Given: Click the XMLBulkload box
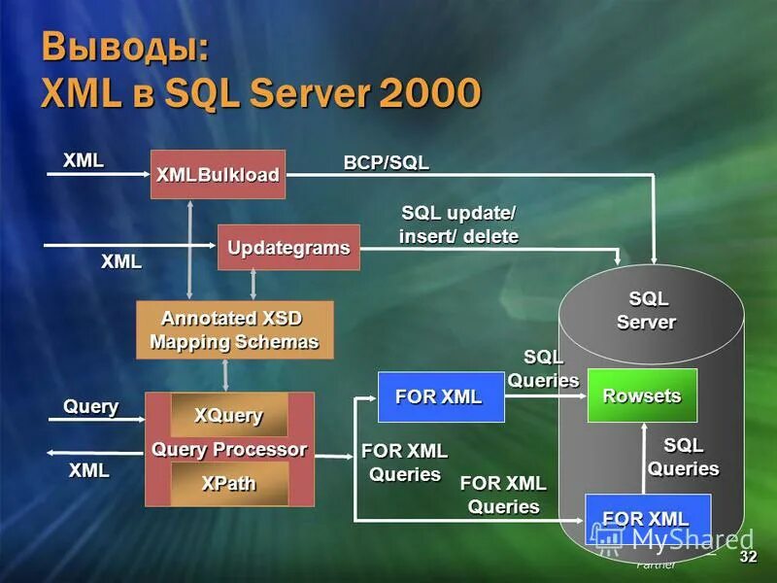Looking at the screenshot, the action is pyautogui.click(x=218, y=175).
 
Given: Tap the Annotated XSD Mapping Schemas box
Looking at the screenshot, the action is pyautogui.click(x=234, y=329).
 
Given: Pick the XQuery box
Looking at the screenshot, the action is pyautogui.click(x=229, y=415).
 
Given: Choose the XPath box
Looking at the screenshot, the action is pyautogui.click(x=229, y=483).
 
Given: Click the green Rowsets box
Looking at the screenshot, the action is pyautogui.click(x=642, y=395).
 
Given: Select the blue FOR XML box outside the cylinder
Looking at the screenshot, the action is pyautogui.click(x=440, y=396).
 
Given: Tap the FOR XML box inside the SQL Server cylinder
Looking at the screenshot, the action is pyautogui.click(x=647, y=519).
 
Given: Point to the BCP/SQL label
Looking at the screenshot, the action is pyautogui.click(x=386, y=162).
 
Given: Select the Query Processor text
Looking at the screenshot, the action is pyautogui.click(x=229, y=449).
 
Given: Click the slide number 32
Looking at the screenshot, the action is pyautogui.click(x=748, y=557).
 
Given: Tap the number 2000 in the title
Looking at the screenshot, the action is pyautogui.click(x=430, y=93).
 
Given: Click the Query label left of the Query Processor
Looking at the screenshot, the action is pyautogui.click(x=91, y=406).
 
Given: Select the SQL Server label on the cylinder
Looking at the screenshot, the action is pyautogui.click(x=648, y=310).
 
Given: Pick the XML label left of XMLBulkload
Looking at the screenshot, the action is pyautogui.click(x=84, y=160).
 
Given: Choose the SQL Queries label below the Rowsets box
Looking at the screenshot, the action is pyautogui.click(x=684, y=457).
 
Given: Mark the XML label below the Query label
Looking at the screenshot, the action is pyautogui.click(x=88, y=470).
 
